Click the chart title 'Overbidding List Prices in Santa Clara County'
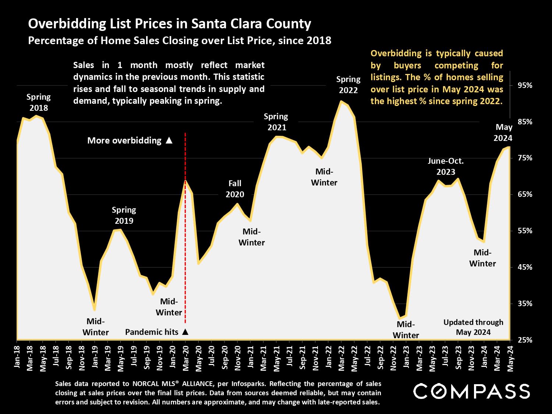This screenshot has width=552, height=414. coord(170,24)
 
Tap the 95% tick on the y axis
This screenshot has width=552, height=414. coord(525,85)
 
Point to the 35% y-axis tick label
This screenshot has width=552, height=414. coord(525,304)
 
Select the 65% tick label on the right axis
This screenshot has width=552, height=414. coord(525,194)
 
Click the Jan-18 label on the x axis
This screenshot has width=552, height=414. coord(17,357)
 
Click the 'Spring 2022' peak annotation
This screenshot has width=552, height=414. coord(348,85)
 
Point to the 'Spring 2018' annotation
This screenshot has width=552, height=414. coord(39,102)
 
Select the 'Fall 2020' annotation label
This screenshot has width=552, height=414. coord(235,189)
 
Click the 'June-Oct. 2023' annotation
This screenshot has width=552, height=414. coord(446,166)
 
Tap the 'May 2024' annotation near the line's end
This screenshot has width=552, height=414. coord(503,132)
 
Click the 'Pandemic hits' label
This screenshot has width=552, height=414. coord(152,332)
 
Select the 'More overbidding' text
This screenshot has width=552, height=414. coord(124,141)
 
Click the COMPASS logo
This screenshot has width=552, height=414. coord(471,391)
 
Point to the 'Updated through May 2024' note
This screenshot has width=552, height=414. coord(473,327)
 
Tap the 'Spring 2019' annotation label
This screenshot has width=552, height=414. coord(124,215)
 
